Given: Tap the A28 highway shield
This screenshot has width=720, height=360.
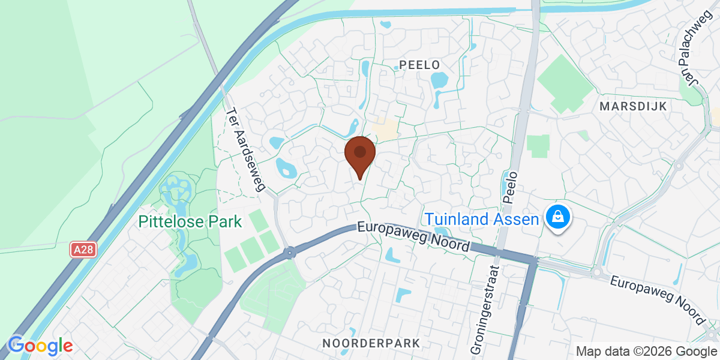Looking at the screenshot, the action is (x=83, y=250).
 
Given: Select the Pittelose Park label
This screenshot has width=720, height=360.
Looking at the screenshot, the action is (x=190, y=221).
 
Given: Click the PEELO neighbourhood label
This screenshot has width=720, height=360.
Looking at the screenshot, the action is (x=419, y=64).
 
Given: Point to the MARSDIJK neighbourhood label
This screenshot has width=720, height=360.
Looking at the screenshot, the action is (x=633, y=106).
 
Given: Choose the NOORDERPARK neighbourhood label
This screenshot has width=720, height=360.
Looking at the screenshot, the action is (x=371, y=343).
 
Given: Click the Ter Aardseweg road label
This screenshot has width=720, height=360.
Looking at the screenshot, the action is (x=245, y=149).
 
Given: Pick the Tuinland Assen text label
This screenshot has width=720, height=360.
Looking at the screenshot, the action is (x=482, y=219).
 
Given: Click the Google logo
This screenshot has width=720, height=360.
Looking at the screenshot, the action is (x=40, y=346).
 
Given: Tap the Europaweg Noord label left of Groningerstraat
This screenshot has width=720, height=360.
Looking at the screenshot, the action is (x=413, y=236).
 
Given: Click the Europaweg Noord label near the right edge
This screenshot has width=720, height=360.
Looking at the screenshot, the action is (x=657, y=300).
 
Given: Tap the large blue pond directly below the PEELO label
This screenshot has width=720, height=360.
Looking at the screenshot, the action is (x=440, y=80).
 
